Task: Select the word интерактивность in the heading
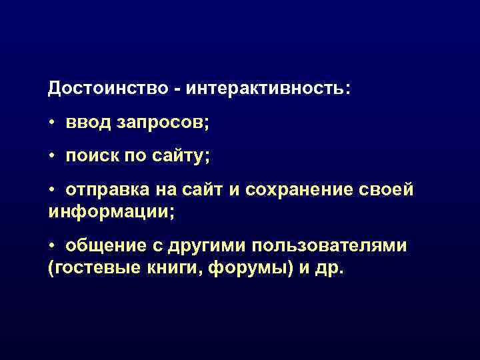pos(266,88)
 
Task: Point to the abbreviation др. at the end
pos(330,269)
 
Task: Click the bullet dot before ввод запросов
pos(53,123)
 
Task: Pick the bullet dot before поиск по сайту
pos(53,157)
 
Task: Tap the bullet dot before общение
pos(53,247)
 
